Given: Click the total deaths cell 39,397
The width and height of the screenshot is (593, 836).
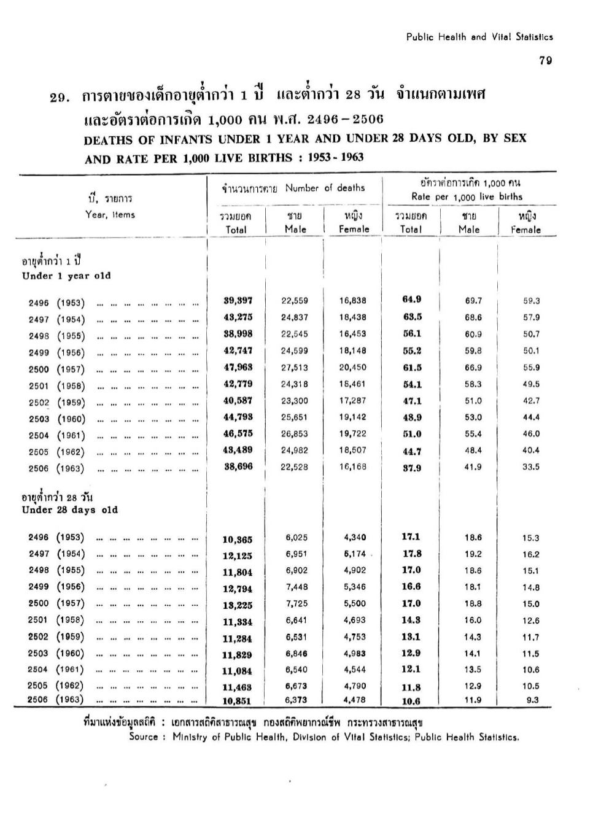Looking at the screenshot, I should click(238, 300).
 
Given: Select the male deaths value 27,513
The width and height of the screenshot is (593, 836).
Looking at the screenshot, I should click(295, 368).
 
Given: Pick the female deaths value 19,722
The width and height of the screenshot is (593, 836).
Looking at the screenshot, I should click(353, 433).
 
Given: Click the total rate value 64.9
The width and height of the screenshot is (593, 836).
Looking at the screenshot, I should click(411, 300).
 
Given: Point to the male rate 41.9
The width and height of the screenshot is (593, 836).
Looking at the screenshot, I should click(473, 466).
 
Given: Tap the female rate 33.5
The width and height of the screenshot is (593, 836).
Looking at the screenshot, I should click(531, 466).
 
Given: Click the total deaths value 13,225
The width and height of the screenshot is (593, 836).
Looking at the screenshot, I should click(237, 605).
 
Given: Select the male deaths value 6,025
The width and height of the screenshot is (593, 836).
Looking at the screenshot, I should click(296, 538).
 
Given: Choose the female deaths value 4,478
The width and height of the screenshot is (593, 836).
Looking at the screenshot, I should click(354, 700).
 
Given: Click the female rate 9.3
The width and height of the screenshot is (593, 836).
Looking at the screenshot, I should click(532, 700).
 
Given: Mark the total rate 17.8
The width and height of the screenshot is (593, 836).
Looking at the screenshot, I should click(411, 554).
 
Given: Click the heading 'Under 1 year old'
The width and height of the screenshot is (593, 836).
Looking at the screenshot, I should click(66, 276).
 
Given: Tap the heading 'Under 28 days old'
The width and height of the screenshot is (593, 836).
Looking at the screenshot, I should click(69, 509).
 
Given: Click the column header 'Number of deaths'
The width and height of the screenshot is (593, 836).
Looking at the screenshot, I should click(325, 188).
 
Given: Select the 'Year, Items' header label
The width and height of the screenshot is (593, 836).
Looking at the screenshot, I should click(110, 215).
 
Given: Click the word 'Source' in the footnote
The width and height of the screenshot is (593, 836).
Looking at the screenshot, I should click(144, 737).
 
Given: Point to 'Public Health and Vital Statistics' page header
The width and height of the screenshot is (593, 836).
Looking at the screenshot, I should click(479, 37).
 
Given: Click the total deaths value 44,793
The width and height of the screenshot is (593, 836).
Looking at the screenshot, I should click(238, 417).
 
